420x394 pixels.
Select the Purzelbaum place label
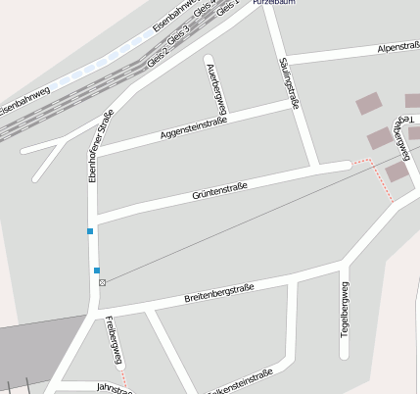pyautogui.click(x=273, y=3)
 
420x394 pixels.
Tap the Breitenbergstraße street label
pyautogui.click(x=218, y=292)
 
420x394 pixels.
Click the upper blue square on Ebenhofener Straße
pyautogui.click(x=90, y=231)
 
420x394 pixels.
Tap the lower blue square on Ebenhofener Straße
pyautogui.click(x=97, y=270)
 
